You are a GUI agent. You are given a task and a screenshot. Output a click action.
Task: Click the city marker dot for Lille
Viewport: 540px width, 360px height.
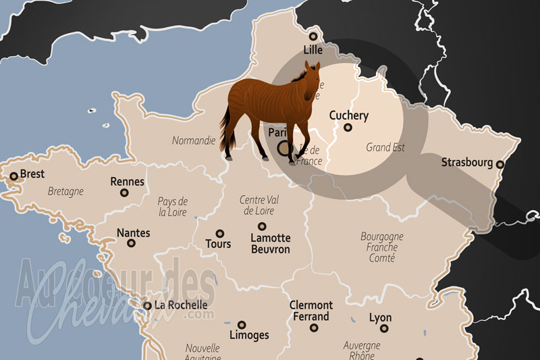click(x=313, y=36)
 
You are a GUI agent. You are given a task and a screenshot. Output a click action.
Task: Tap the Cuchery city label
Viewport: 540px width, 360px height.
click(x=349, y=115)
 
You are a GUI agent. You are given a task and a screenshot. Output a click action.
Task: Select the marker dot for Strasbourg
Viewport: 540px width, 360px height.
click(x=500, y=164)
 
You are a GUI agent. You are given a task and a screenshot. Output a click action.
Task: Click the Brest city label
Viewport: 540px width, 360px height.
click(x=32, y=174)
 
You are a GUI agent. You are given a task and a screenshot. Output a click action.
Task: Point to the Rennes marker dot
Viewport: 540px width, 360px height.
click(x=124, y=192)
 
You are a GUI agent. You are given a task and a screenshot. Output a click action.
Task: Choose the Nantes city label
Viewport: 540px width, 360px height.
click(x=134, y=233)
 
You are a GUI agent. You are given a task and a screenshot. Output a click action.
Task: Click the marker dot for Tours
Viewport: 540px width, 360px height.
click(x=219, y=232)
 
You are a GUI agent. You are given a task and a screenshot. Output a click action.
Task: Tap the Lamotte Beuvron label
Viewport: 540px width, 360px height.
click(x=270, y=244)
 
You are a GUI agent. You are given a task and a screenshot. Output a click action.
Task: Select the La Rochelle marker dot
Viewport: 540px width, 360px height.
click(x=147, y=305)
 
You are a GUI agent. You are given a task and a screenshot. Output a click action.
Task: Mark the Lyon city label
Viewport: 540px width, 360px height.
click(x=380, y=317)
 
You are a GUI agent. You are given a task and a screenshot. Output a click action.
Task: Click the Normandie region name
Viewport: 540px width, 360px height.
click(x=194, y=141)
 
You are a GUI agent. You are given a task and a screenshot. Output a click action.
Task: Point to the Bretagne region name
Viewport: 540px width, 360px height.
click(x=66, y=191)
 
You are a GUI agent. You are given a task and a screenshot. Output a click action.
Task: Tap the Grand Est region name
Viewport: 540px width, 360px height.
click(x=385, y=147)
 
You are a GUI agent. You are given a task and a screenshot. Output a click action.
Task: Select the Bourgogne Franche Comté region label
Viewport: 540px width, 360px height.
click(x=382, y=247)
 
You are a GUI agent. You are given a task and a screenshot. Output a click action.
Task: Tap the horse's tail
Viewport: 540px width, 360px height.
click(x=225, y=128)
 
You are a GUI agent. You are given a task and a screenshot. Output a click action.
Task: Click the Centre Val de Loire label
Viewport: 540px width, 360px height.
click(x=261, y=205)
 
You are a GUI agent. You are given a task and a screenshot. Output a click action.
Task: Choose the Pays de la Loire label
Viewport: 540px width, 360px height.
click(x=173, y=206)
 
